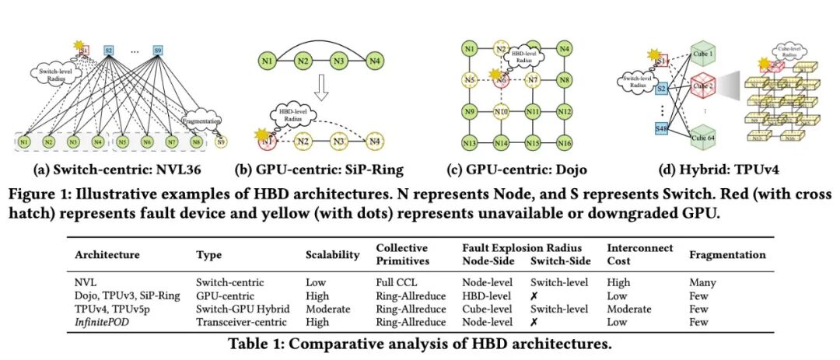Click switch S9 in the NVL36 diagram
click(159, 49)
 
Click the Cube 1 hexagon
click(704, 53)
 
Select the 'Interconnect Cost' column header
click(627, 253)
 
